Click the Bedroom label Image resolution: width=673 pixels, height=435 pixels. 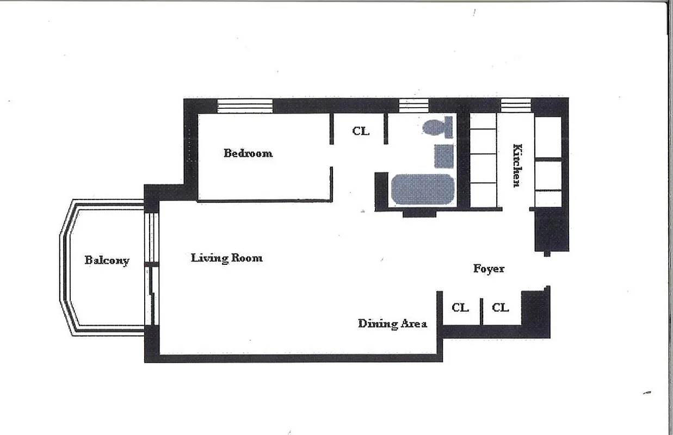pos(248,153)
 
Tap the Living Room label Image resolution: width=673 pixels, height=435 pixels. pos(226,258)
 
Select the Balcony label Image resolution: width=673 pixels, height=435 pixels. pos(107,260)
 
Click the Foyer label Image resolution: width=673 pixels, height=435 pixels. pos(488,269)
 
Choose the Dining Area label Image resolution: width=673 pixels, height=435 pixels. pos(392,324)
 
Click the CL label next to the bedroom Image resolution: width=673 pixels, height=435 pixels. pos(360,131)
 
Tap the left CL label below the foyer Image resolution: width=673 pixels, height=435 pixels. pos(460,308)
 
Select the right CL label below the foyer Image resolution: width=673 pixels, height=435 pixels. pos(500,308)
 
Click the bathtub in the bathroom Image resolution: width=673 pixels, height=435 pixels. pos(422,189)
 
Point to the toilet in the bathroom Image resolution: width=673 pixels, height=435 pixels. pos(438,127)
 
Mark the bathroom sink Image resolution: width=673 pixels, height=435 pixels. pos(444,156)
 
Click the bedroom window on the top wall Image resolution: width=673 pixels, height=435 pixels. pos(244,105)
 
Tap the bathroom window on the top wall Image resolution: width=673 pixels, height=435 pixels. pos(413,105)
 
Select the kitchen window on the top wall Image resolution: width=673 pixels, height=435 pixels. pos(515,105)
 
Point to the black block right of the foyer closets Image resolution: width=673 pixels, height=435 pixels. pos(535,313)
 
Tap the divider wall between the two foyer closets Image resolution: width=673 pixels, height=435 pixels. pos(481,311)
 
